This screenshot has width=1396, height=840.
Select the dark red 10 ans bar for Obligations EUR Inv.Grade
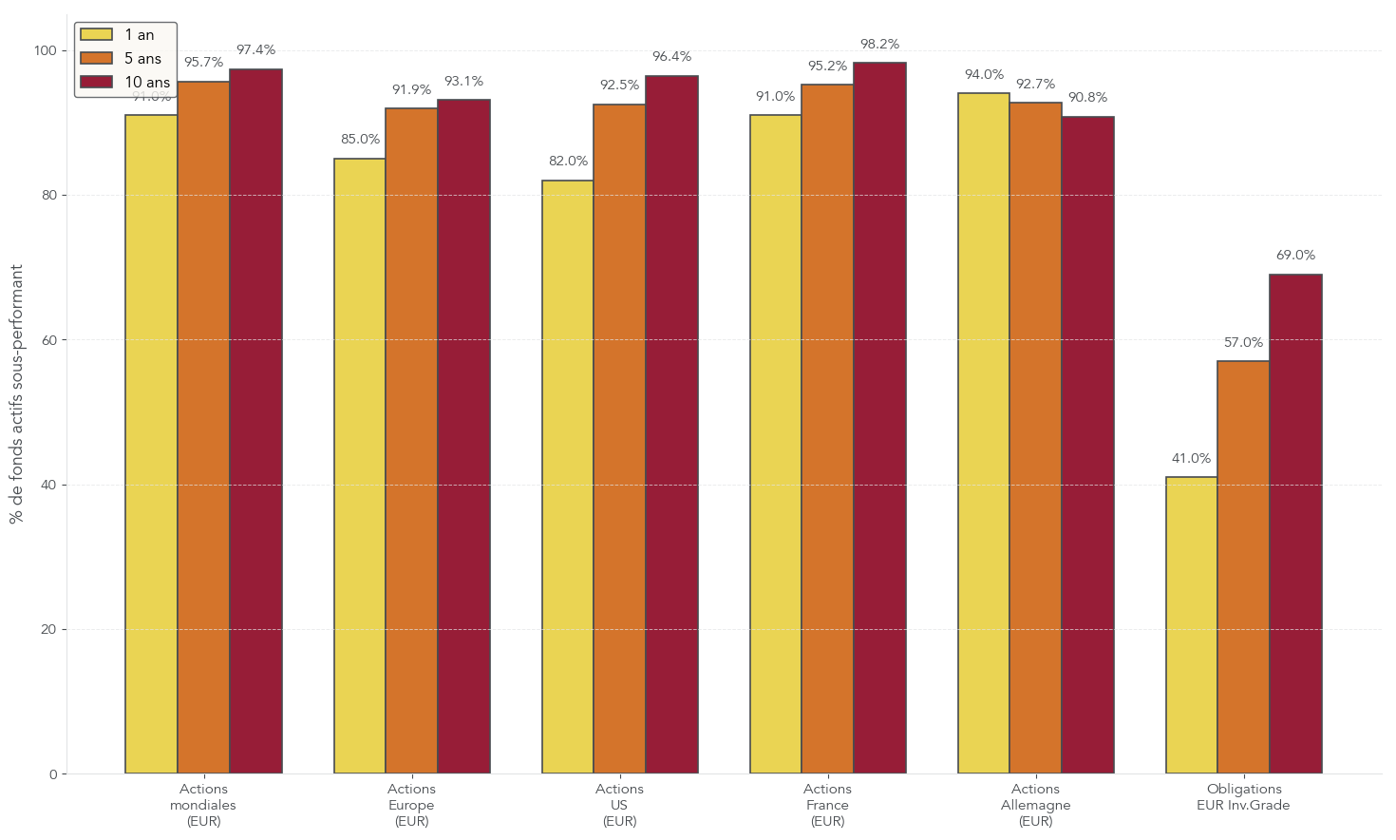(x=1295, y=524)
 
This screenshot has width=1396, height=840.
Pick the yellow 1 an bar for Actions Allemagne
(x=983, y=433)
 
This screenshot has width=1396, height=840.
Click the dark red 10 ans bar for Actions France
(x=879, y=418)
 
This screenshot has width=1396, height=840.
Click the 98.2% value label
(x=879, y=45)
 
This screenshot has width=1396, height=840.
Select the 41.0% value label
(x=1191, y=459)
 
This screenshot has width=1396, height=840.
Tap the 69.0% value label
(x=1295, y=256)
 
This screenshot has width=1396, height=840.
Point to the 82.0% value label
(x=568, y=162)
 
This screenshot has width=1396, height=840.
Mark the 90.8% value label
(x=1087, y=98)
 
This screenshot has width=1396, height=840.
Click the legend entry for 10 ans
(x=147, y=83)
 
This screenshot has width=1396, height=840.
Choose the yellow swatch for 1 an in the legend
(x=96, y=35)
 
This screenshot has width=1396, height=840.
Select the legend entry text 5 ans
(x=142, y=59)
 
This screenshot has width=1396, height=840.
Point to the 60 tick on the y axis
(x=48, y=340)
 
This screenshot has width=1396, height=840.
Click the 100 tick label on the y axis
(x=45, y=50)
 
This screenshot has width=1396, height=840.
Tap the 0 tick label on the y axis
(x=52, y=774)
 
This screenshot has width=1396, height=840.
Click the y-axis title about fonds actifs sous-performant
(x=16, y=394)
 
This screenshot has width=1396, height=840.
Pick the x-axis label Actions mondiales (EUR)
(x=203, y=805)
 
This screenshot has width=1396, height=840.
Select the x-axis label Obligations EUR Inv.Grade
(x=1243, y=797)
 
